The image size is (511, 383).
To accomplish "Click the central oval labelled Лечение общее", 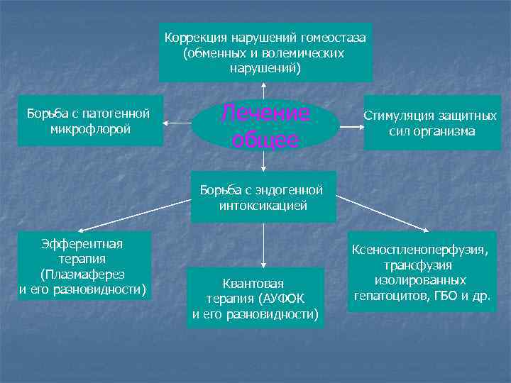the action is [264, 126].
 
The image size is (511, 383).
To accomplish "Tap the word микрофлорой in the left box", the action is [91, 129].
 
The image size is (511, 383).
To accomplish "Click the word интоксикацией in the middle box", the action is [263, 206].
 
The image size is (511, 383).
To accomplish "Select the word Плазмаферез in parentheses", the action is [82, 274].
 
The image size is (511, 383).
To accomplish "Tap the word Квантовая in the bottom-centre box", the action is [253, 283].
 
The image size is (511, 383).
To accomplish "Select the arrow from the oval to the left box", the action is [177, 123].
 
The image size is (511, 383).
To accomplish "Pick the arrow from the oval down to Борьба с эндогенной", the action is [264, 160].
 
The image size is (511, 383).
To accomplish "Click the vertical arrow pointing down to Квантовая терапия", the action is [264, 245].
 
